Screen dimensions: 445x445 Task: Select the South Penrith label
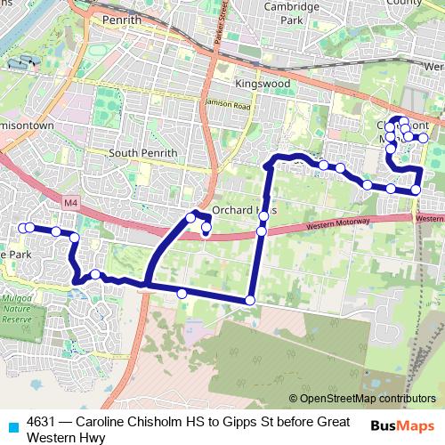tap(143, 152)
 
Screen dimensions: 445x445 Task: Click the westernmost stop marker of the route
tap(23, 228)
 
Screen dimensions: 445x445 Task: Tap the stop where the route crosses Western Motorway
tap(261, 231)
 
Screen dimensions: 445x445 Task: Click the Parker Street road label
tap(226, 27)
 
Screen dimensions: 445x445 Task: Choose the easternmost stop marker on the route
tap(424, 138)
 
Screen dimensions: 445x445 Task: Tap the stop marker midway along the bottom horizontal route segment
tap(182, 294)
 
